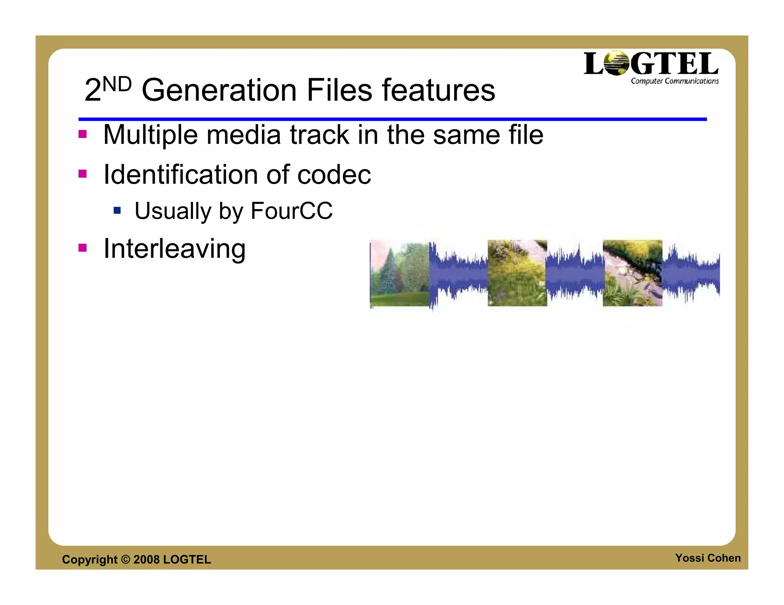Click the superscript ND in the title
click(x=117, y=85)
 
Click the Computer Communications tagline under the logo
click(x=675, y=81)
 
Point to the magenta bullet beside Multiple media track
click(x=82, y=134)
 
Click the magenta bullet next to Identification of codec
click(x=82, y=174)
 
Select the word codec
click(x=334, y=175)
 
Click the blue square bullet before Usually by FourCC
click(x=117, y=210)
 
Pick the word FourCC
click(x=291, y=211)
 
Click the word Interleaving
click(x=175, y=249)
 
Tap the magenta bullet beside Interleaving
click(x=82, y=248)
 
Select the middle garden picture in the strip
click(x=517, y=273)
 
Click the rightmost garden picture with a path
click(x=632, y=273)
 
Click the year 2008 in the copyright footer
click(x=146, y=559)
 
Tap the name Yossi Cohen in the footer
click(x=707, y=558)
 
